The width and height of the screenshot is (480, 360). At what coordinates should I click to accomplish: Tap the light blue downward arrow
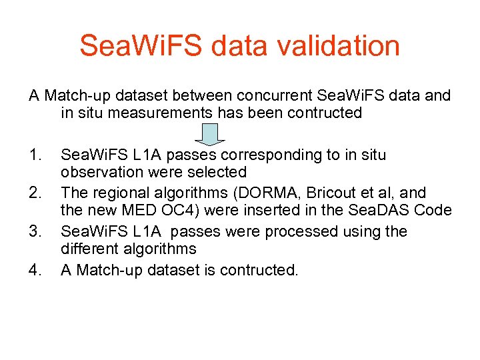click(209, 133)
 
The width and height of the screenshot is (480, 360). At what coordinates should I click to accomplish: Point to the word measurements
click(161, 113)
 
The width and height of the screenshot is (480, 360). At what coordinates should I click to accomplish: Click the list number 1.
click(36, 155)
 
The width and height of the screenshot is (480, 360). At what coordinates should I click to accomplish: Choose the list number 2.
click(36, 193)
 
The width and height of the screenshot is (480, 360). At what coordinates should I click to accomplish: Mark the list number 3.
click(36, 231)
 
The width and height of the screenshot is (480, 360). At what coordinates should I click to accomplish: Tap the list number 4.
click(36, 270)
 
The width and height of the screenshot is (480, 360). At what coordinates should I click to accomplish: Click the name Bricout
click(329, 193)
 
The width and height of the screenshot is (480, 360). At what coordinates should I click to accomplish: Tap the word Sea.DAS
click(383, 211)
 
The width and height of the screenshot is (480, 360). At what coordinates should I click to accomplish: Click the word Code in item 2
click(435, 211)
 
